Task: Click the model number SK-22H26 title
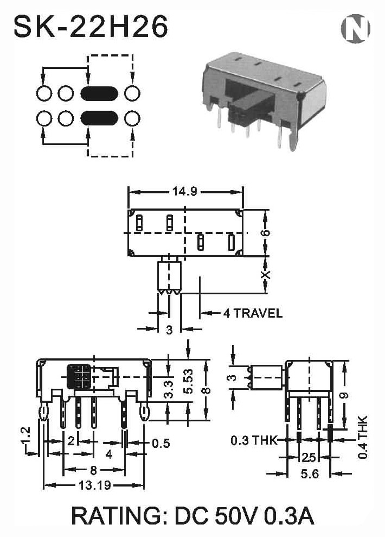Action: tap(91, 27)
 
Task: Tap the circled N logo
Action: tap(356, 28)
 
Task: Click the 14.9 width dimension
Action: tap(184, 192)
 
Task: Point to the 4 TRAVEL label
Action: tap(253, 313)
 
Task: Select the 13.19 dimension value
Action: tap(95, 485)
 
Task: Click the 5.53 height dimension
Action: tap(188, 381)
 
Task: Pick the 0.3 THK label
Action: tap(254, 440)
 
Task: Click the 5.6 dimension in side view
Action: tap(310, 473)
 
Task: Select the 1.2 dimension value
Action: tap(27, 435)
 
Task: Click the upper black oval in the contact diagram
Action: tap(99, 93)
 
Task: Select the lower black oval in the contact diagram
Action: tap(99, 118)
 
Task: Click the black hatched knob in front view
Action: tap(79, 377)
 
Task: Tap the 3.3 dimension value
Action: tap(169, 389)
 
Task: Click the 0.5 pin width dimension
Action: tap(161, 443)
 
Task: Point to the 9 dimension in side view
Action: tap(345, 396)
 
